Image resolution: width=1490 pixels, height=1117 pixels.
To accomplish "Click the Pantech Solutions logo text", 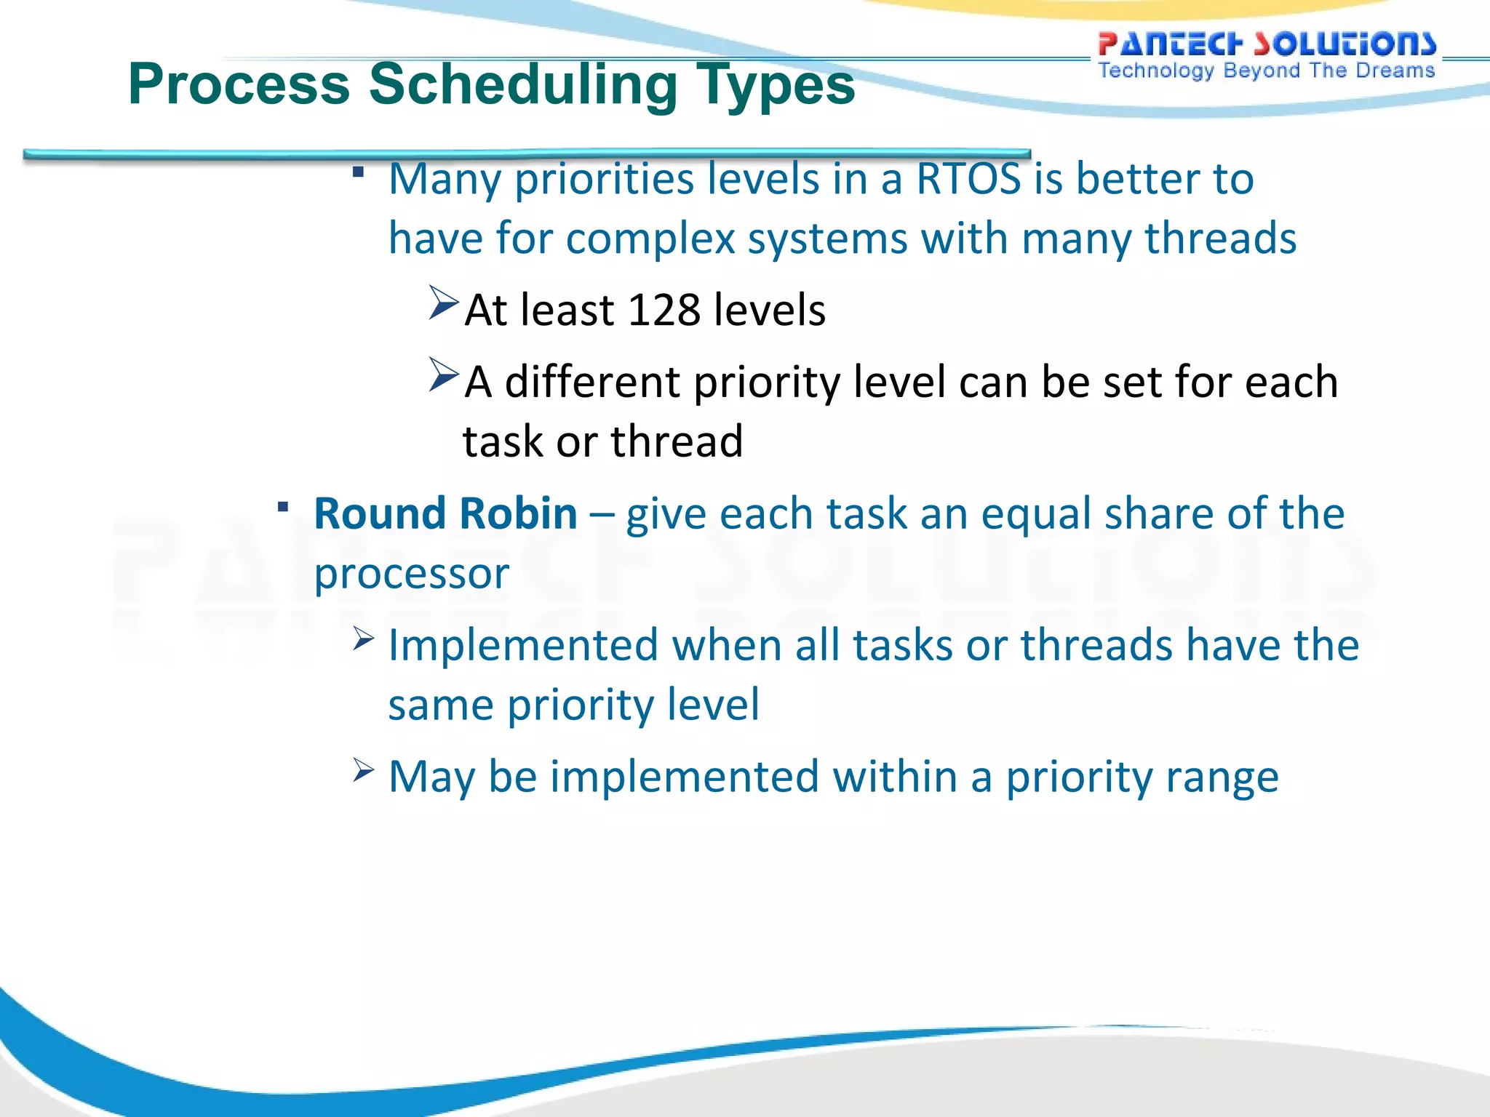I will tap(1267, 44).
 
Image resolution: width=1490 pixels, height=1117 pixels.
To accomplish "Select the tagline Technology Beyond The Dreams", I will tap(1266, 71).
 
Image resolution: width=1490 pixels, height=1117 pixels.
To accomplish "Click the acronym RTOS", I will tap(968, 179).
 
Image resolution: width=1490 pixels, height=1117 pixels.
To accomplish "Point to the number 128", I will tap(663, 311).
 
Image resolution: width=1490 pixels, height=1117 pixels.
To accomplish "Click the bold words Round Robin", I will tap(445, 514).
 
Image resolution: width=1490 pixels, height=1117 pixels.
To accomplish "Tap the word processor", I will tap(411, 574).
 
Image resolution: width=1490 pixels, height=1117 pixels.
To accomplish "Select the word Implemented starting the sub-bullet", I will tap(523, 646).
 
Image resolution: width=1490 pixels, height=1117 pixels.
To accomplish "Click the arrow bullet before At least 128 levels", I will tap(443, 303).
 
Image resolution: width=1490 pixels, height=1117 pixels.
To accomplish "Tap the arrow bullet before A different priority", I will tap(443, 375).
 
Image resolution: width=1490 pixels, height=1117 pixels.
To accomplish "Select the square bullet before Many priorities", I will tap(358, 172).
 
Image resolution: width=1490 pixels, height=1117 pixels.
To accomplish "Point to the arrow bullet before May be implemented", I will tap(363, 770).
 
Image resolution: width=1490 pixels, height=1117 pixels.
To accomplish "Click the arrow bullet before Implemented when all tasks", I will tap(363, 639).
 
